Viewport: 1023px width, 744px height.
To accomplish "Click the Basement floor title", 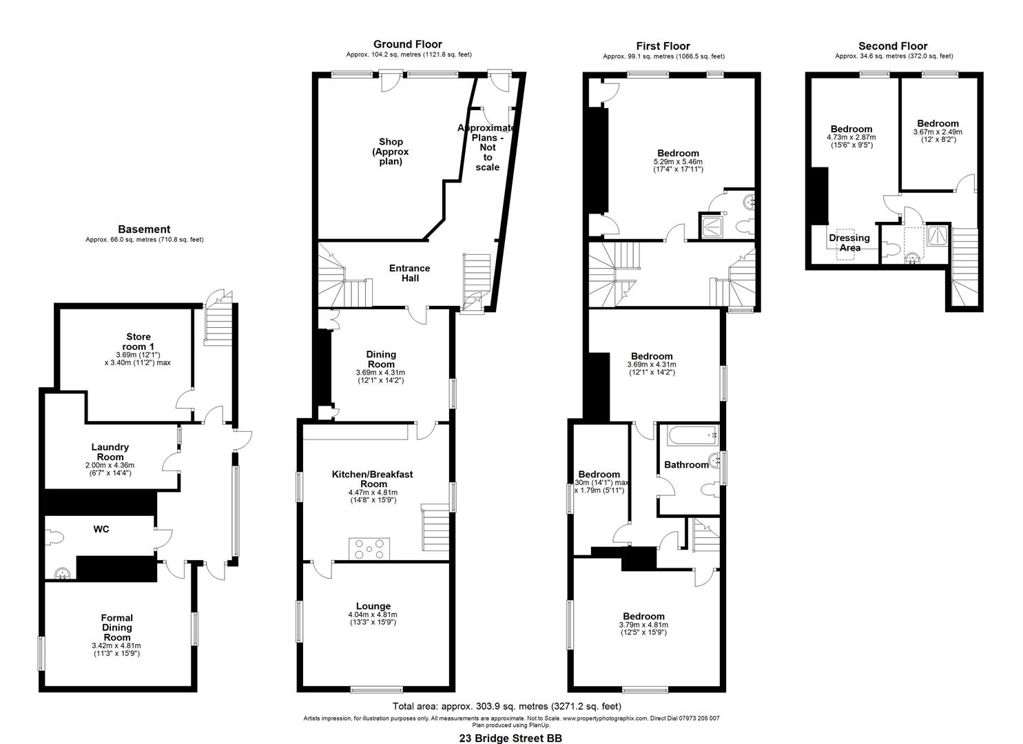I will (x=144, y=229).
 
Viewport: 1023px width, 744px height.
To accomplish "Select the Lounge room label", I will (x=373, y=606).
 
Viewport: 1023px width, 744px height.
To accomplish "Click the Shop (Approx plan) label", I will (x=391, y=152).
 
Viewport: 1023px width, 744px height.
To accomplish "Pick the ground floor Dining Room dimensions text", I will (x=381, y=376).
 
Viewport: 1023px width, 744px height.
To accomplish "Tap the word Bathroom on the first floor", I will (x=686, y=465).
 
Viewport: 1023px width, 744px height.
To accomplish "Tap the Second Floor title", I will (x=893, y=46).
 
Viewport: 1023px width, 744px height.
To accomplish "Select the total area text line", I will (x=506, y=706).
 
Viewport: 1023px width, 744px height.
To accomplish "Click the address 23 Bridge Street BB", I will (x=510, y=738).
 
